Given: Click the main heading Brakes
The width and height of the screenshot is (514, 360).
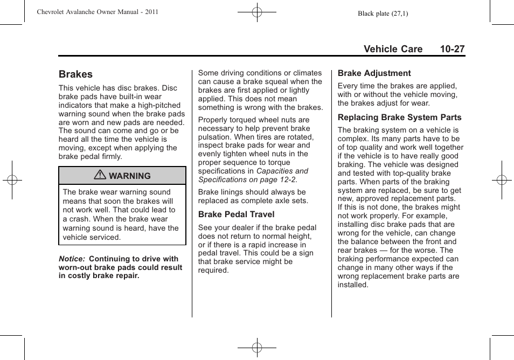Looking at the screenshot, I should coord(76,74).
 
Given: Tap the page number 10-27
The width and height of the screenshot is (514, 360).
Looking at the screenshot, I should coord(452,49).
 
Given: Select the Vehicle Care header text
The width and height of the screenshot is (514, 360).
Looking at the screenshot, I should coord(393,49).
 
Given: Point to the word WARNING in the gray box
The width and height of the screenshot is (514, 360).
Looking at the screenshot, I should coord(130,176).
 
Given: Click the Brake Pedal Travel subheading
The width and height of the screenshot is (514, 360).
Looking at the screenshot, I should coord(236,214).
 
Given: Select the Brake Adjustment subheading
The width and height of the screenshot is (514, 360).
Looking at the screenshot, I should coord(374,73).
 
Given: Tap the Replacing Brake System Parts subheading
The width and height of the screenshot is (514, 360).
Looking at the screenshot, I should coord(399,117).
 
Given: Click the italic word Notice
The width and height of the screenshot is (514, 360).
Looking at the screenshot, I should coord(72,259).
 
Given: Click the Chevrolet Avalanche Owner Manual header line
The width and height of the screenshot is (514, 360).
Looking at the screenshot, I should coord(98,12).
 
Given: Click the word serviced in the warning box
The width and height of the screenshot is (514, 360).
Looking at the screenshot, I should coord(105,237).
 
